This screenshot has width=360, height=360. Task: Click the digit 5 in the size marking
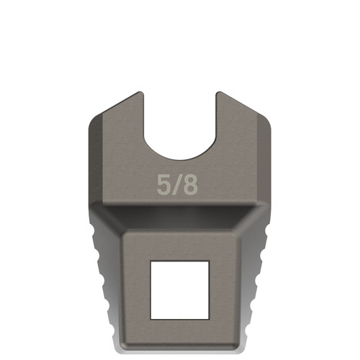(164, 184)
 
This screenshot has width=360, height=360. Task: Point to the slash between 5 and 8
(176, 184)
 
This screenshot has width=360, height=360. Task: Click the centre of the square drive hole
(180, 289)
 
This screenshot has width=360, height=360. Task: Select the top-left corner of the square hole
(150, 261)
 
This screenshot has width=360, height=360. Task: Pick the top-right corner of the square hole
(210, 261)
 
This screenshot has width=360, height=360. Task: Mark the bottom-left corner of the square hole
(150, 318)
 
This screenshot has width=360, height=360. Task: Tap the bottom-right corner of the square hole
(210, 318)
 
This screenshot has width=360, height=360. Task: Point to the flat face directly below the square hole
(180, 333)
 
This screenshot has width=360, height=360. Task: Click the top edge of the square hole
(180, 261)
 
